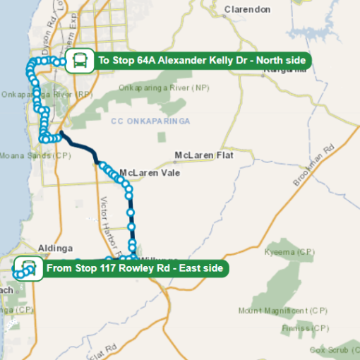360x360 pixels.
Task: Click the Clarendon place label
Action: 246,10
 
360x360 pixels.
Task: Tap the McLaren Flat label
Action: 203,155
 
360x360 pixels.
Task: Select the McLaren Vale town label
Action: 150,173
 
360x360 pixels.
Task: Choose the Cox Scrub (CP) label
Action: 334,350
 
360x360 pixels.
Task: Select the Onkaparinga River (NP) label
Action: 164,88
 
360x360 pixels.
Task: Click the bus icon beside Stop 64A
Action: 78,61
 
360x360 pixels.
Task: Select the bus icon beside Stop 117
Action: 28,268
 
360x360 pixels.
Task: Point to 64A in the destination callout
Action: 145,61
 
